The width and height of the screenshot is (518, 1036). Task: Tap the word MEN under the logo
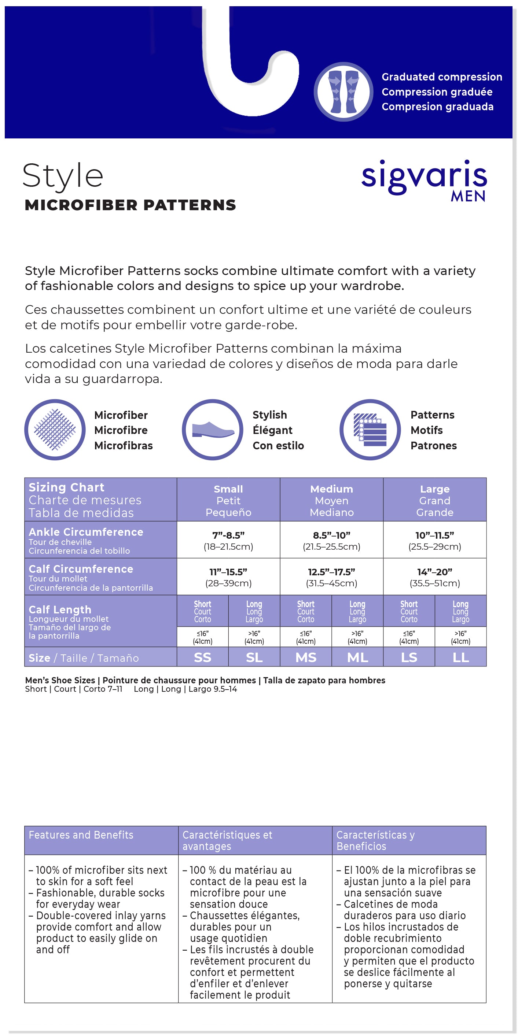click(x=468, y=196)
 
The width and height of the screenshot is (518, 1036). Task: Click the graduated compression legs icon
click(x=344, y=92)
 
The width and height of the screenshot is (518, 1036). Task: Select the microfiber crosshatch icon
click(x=55, y=430)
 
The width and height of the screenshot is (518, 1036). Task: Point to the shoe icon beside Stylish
click(x=213, y=430)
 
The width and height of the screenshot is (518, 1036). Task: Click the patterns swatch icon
click(x=370, y=430)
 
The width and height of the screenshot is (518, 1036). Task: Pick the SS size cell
click(x=202, y=657)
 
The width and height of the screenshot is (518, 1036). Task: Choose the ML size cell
click(x=357, y=657)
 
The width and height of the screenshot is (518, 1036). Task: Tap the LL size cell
click(x=460, y=657)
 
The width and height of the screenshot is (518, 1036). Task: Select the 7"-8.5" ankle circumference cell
click(x=228, y=540)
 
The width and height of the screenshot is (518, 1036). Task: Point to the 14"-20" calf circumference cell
click(x=435, y=577)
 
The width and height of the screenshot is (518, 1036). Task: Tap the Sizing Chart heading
click(x=67, y=487)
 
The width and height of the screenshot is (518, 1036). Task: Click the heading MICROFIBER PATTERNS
click(x=131, y=205)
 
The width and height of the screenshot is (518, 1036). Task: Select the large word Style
click(x=63, y=176)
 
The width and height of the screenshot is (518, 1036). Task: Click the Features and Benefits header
click(x=81, y=835)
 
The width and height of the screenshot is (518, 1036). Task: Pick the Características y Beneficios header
click(x=375, y=840)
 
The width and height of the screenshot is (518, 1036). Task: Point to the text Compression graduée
click(x=437, y=92)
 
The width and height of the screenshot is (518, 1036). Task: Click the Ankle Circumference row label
click(x=86, y=532)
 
